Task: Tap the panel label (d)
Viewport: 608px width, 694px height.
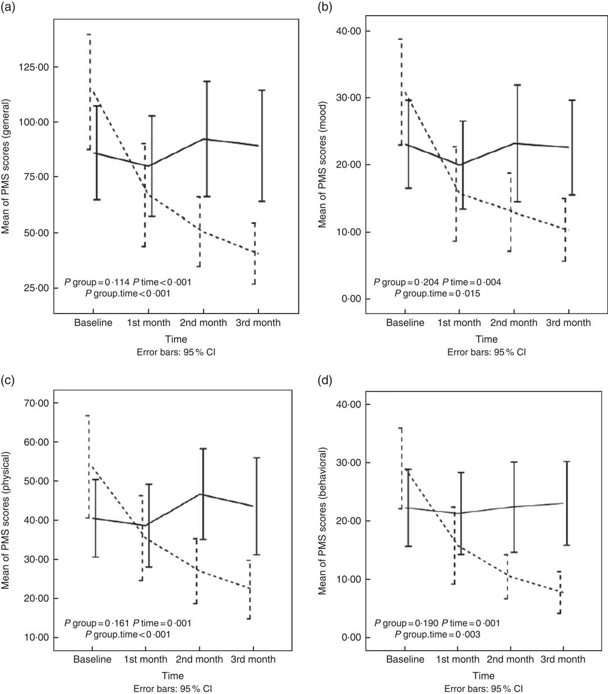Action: pos(325,382)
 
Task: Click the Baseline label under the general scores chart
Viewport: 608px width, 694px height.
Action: pos(93,323)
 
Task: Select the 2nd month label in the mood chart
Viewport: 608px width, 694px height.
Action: pos(514,323)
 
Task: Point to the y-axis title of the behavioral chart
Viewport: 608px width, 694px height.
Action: pos(324,521)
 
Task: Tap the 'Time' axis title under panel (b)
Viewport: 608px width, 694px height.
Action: pos(487,339)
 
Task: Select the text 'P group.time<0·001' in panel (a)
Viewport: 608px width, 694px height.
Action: pos(128,293)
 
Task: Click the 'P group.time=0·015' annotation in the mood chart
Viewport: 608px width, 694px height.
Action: pos(438,293)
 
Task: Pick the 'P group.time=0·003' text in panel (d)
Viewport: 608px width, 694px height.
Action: pos(438,634)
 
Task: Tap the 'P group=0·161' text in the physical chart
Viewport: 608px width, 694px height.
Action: pos(97,623)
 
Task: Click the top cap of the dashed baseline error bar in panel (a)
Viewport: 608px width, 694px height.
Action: pos(89,34)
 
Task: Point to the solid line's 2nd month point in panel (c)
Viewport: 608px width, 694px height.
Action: pos(201,495)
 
